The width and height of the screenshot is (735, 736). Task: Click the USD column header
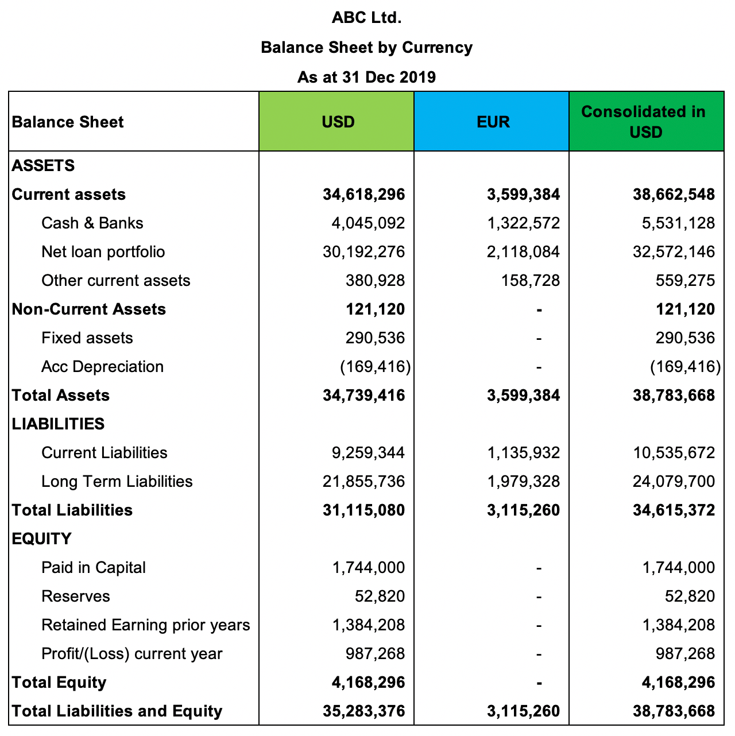point(338,122)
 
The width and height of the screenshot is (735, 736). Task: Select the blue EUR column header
point(493,122)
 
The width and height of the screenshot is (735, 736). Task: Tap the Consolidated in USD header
point(645,122)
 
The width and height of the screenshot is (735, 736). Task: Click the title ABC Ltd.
point(366,18)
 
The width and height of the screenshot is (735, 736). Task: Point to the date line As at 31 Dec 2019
point(366,77)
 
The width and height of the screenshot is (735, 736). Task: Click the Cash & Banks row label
point(92,223)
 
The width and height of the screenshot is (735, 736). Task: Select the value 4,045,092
point(368,223)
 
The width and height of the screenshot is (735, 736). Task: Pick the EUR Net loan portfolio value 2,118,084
point(523,251)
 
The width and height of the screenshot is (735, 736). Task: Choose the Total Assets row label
point(61,395)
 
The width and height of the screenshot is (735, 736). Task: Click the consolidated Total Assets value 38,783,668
point(674,395)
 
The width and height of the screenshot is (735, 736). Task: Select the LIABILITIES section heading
point(58,424)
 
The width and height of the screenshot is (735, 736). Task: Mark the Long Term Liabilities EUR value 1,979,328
point(523,481)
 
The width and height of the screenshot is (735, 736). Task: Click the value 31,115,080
point(363,510)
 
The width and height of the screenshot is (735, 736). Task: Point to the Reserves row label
point(75,596)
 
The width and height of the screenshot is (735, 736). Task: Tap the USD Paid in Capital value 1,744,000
point(368,567)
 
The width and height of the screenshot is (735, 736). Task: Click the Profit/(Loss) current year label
point(131,653)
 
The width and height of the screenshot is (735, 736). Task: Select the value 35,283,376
point(363,711)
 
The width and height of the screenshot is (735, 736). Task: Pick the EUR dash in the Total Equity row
point(539,683)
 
